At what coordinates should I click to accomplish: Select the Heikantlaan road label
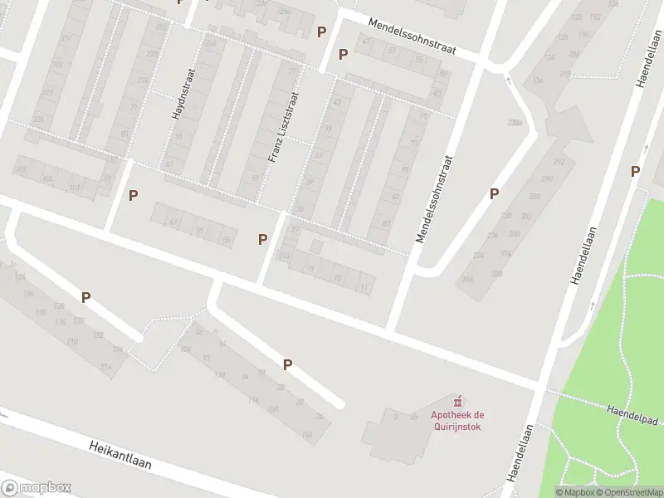120,455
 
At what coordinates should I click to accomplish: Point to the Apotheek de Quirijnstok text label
455,421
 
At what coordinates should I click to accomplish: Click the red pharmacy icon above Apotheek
455,402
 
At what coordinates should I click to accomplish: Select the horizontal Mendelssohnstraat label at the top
412,37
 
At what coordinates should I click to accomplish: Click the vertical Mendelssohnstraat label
437,199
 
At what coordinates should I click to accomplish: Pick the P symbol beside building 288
494,193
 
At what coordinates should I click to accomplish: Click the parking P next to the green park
635,172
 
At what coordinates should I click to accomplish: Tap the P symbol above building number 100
287,364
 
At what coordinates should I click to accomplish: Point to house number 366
467,279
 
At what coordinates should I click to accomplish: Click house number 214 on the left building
105,367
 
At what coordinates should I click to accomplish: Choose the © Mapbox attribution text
574,492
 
